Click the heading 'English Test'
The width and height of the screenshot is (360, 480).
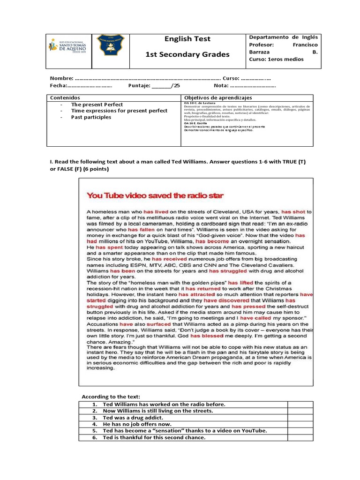click(188, 39)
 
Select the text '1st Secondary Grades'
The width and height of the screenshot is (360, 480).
click(188, 54)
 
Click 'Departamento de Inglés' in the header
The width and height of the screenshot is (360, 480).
click(283, 37)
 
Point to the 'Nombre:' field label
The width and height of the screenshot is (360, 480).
click(61, 78)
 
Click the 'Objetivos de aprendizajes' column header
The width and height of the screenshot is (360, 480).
click(218, 97)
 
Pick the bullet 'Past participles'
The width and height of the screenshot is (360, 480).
click(91, 117)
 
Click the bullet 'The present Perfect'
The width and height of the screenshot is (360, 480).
click(97, 105)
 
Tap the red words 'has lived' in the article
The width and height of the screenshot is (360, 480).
click(157, 212)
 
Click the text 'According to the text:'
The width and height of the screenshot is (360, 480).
click(111, 397)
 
